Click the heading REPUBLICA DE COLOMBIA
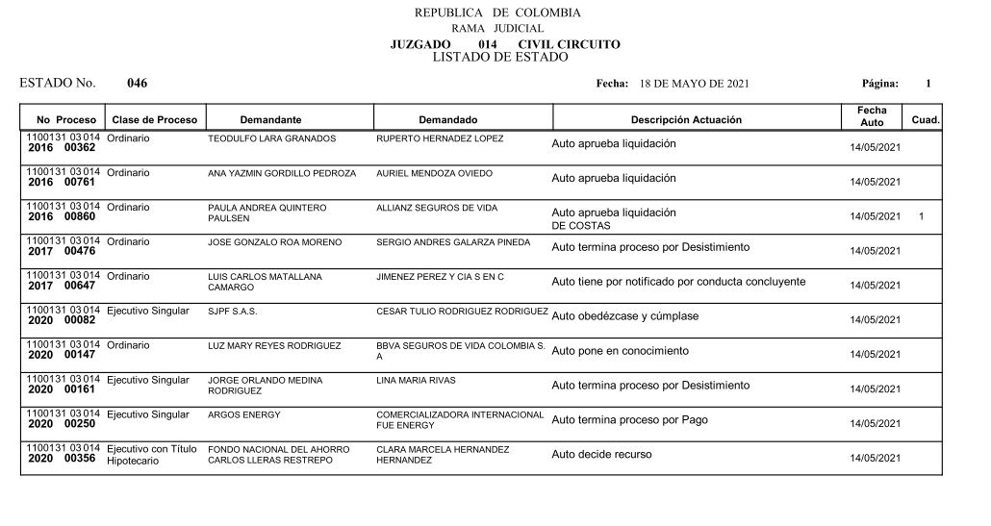click(x=496, y=13)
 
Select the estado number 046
click(x=137, y=84)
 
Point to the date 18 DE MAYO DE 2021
click(x=694, y=85)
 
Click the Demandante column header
click(x=270, y=120)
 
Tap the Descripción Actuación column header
click(x=686, y=120)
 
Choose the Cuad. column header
click(x=926, y=120)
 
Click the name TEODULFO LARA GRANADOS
click(x=271, y=139)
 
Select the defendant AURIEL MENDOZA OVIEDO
click(x=434, y=174)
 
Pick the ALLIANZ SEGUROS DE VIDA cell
click(x=439, y=208)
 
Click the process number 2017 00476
click(x=62, y=252)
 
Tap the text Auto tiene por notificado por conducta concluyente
click(x=678, y=282)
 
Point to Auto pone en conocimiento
click(x=620, y=351)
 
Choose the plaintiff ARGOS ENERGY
click(x=243, y=415)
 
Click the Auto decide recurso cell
click(x=601, y=454)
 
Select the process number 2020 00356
click(x=62, y=460)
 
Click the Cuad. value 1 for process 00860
click(x=921, y=216)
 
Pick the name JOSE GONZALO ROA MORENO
click(x=274, y=242)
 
